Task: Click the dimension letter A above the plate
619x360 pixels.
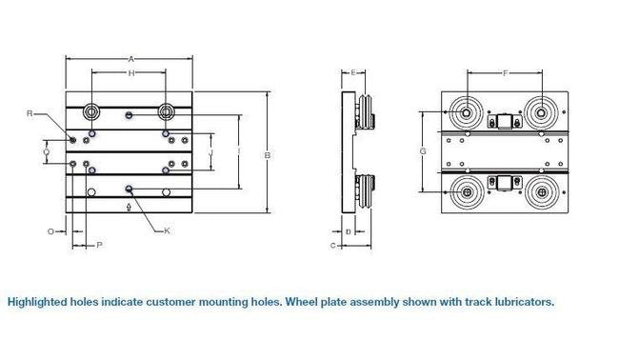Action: tap(130, 58)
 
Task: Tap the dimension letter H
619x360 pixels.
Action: tap(130, 73)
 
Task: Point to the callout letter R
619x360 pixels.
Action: tap(30, 113)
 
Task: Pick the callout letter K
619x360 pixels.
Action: tap(167, 230)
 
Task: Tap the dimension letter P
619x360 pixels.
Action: tap(100, 245)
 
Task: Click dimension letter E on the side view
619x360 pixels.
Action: tap(352, 73)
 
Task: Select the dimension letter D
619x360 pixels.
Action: tap(349, 230)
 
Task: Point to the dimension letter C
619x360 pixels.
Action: tap(332, 246)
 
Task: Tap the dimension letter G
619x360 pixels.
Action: tap(421, 152)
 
